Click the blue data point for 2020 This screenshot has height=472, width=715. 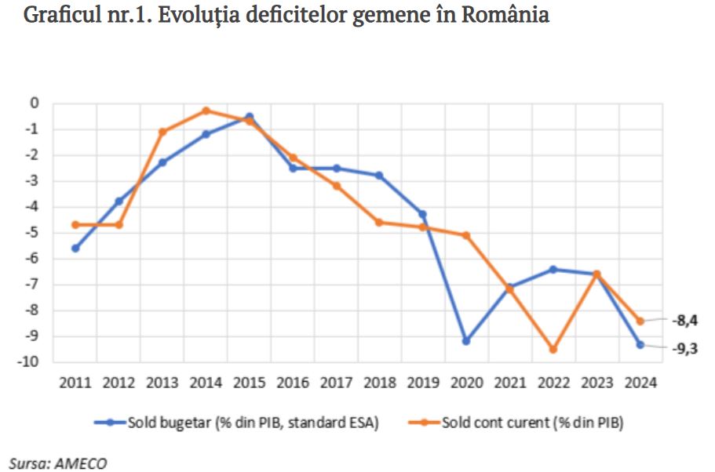[466, 341]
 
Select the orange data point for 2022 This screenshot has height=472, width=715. [553, 350]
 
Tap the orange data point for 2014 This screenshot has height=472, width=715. [206, 111]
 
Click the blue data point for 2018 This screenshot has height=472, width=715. [379, 176]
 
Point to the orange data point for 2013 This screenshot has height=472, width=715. [162, 132]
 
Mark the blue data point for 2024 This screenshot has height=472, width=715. [640, 344]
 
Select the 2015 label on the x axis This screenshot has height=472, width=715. [249, 383]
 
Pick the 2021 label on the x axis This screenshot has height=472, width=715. [509, 383]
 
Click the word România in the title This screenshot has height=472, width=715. [505, 16]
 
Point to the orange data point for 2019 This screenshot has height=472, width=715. [422, 227]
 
